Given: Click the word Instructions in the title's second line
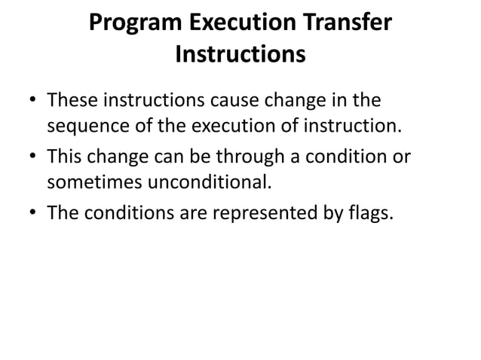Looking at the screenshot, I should (240, 55).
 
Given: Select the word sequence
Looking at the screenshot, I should (86, 124).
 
